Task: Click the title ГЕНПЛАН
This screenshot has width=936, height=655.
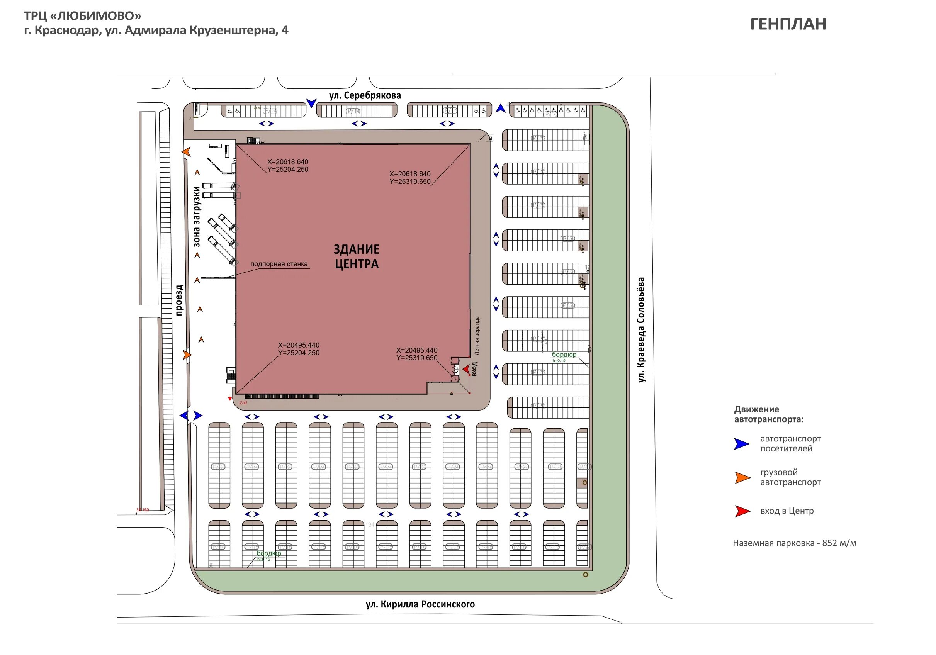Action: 788,24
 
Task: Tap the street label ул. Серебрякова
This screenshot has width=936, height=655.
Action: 365,96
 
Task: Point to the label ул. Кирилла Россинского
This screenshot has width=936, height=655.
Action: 420,604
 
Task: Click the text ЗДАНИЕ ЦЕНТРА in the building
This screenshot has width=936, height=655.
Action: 357,256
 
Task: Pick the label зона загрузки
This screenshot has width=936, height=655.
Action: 197,216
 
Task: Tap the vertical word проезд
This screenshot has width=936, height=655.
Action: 179,300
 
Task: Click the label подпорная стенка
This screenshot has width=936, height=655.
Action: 279,264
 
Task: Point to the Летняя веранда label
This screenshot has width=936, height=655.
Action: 477,336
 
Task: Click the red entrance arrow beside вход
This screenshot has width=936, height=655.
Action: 466,370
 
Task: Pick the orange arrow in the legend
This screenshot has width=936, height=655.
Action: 742,478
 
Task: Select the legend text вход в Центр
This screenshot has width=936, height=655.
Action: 787,511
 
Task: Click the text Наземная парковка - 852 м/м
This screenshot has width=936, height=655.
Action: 794,543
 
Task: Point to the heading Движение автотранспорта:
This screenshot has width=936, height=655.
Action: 768,414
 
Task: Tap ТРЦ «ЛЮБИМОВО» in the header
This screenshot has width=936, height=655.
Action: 82,16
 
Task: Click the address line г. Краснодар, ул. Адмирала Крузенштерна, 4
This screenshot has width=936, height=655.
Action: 156,31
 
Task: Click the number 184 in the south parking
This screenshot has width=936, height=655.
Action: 370,524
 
